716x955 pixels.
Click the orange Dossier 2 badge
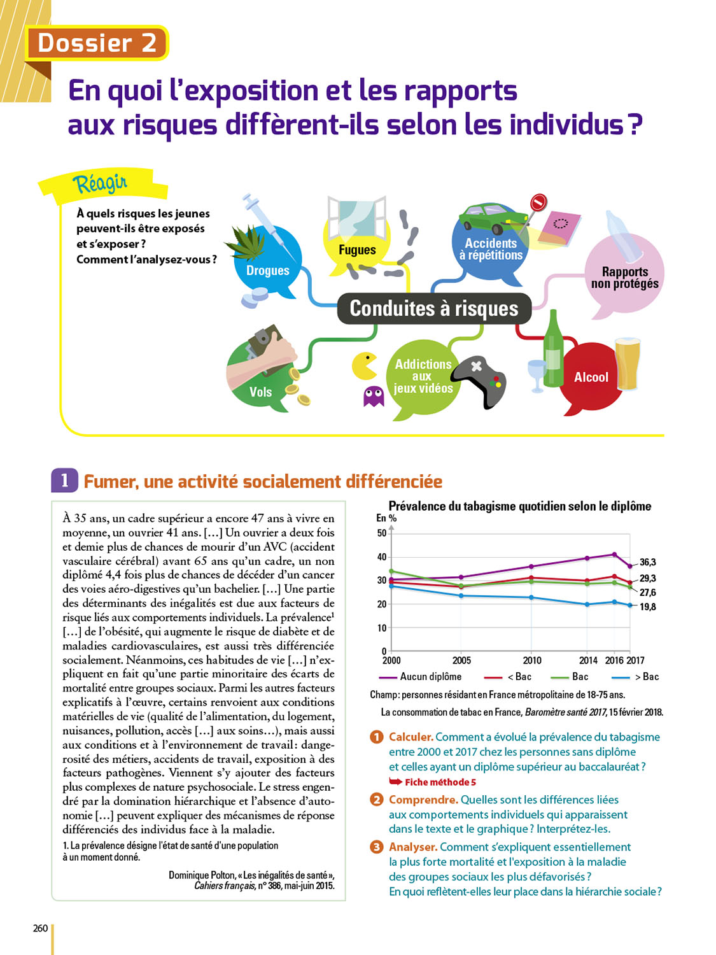pos(97,43)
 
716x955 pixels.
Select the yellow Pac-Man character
pos(364,366)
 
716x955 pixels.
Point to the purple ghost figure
pos(374,395)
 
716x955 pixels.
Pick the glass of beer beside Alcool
pos(628,364)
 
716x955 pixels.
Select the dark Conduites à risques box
pos(434,309)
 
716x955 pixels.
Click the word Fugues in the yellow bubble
pos(357,250)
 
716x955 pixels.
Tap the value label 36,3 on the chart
pos(647,562)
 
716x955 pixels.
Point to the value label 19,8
pos(647,607)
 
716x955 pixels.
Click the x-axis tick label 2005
pos(461,660)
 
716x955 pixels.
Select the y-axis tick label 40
pos(382,556)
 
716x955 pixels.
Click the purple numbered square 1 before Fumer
pos(64,480)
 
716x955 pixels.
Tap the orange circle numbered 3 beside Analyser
pos(376,847)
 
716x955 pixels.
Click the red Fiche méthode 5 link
pos(440,782)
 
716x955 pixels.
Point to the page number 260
pos(40,928)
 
